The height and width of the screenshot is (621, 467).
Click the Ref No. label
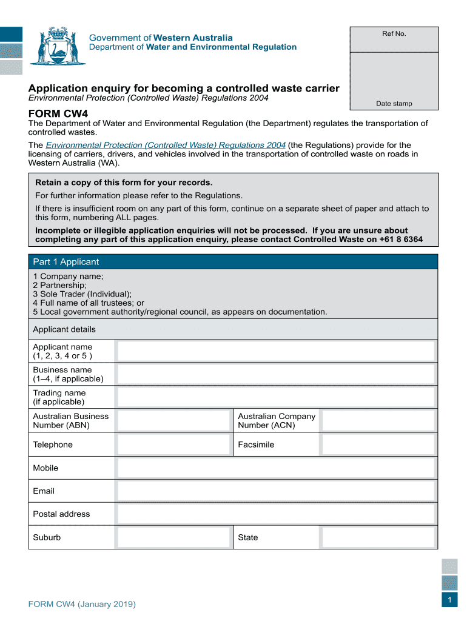pyautogui.click(x=394, y=33)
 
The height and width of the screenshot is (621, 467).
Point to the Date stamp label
pyautogui.click(x=394, y=104)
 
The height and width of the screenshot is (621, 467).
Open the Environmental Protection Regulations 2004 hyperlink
pyautogui.click(x=166, y=145)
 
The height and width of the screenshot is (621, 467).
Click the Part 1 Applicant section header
pyautogui.click(x=66, y=262)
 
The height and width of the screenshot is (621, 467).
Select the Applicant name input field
pyautogui.click(x=276, y=351)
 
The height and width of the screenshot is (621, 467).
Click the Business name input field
pyautogui.click(x=276, y=374)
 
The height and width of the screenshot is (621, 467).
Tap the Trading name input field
pyautogui.click(x=276, y=397)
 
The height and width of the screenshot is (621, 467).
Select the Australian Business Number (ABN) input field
pyautogui.click(x=175, y=420)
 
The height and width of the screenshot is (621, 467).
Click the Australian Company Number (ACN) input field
pyautogui.click(x=378, y=420)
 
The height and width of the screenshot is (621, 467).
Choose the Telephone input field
pyautogui.click(x=175, y=445)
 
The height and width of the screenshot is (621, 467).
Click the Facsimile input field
pyautogui.click(x=378, y=445)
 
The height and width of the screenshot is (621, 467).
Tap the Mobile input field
pyautogui.click(x=276, y=468)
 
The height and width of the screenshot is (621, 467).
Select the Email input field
pyautogui.click(x=276, y=491)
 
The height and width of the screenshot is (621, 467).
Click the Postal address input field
pyautogui.click(x=276, y=514)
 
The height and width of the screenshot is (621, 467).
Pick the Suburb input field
pyautogui.click(x=175, y=537)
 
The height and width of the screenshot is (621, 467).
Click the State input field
pyautogui.click(x=378, y=537)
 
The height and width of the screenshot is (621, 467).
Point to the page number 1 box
pyautogui.click(x=449, y=600)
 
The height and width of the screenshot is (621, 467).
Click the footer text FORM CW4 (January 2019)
pyautogui.click(x=82, y=605)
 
